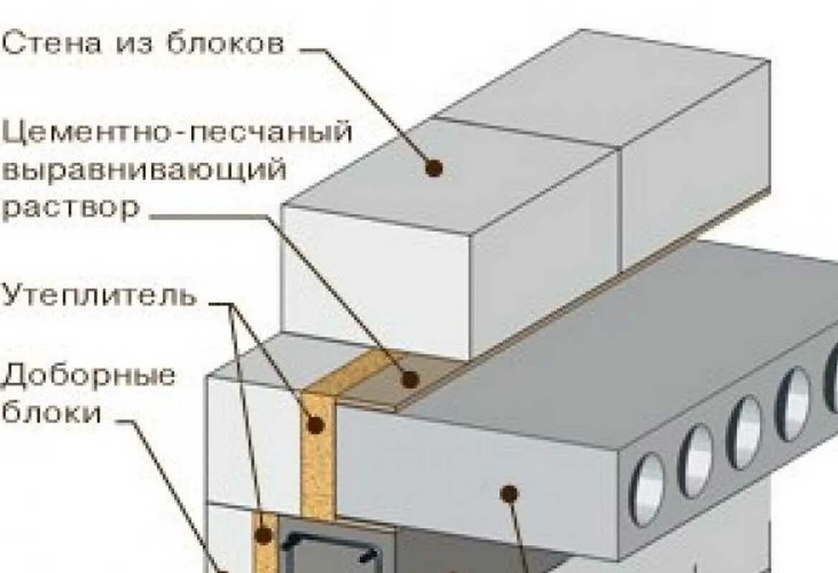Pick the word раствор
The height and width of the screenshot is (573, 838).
(71, 209)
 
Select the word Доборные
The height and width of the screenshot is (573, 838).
(90, 376)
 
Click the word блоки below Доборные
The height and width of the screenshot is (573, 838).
(52, 413)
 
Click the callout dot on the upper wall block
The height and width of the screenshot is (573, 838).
(433, 168)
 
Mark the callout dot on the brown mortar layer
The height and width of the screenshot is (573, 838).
(410, 379)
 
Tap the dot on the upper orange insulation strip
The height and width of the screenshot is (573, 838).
(316, 425)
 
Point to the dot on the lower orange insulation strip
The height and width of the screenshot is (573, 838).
(264, 534)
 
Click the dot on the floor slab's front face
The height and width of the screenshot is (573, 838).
(509, 493)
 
